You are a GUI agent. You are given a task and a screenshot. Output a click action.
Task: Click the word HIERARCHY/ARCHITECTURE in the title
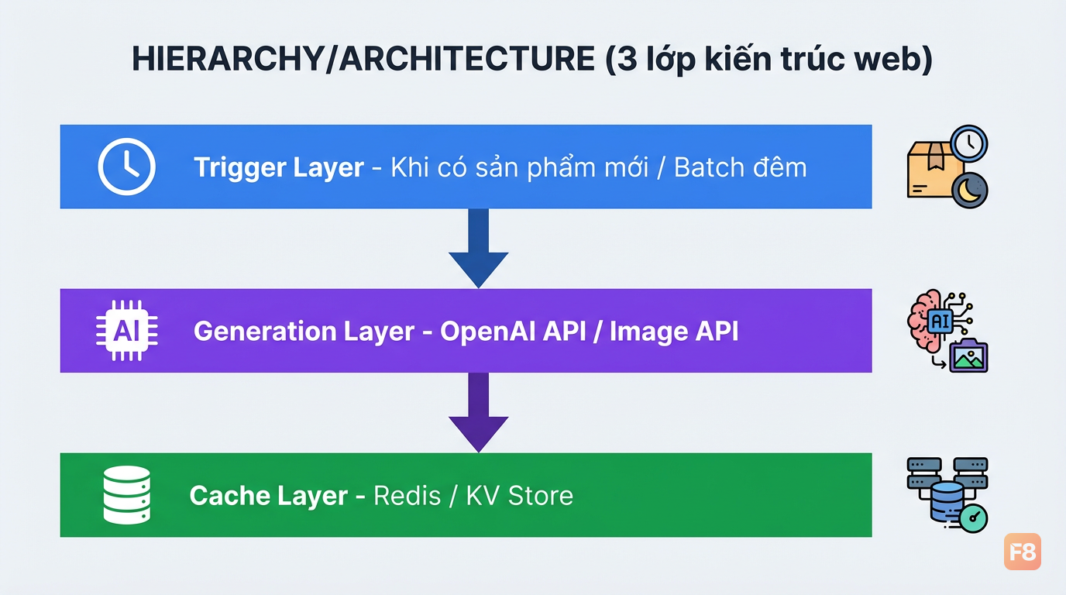click(x=363, y=59)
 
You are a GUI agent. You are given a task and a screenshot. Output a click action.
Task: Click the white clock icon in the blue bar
click(x=126, y=167)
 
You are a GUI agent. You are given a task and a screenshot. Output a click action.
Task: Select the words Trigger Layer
click(x=279, y=167)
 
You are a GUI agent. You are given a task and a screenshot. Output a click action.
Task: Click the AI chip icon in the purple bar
click(x=126, y=330)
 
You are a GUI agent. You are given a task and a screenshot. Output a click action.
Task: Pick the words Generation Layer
click(x=304, y=332)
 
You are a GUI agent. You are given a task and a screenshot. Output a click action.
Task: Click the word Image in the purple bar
click(x=648, y=332)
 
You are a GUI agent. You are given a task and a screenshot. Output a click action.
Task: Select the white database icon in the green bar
click(x=126, y=495)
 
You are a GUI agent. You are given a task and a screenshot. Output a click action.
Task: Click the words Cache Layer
click(x=268, y=496)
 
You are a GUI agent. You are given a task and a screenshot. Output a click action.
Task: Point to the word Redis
click(x=407, y=496)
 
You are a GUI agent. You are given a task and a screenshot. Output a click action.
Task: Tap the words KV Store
click(x=520, y=496)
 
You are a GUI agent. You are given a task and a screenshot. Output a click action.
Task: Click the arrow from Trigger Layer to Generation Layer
click(x=478, y=247)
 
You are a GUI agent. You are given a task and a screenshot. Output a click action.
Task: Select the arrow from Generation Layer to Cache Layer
click(x=478, y=412)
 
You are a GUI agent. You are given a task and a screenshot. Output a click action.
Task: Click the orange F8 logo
click(x=1022, y=551)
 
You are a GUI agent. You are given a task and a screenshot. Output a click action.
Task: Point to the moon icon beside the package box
click(x=969, y=191)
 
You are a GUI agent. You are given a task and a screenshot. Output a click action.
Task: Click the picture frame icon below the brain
click(x=968, y=356)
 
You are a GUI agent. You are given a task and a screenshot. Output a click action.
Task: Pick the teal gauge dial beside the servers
click(x=973, y=518)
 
